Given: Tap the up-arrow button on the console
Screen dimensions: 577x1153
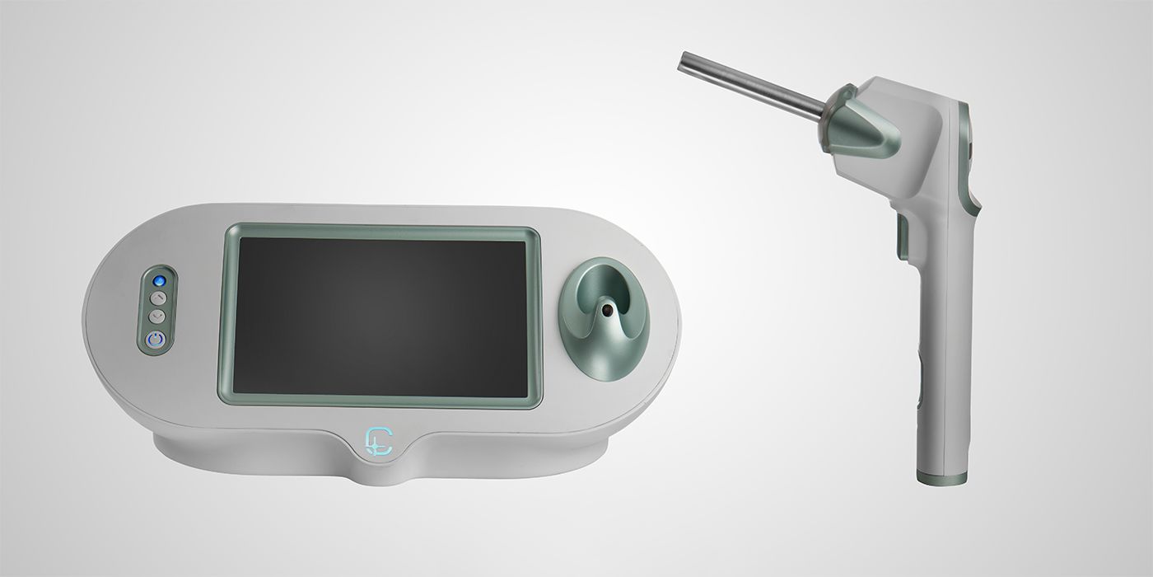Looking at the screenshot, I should pyautogui.click(x=157, y=298).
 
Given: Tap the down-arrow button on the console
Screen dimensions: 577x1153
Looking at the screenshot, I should pyautogui.click(x=157, y=316).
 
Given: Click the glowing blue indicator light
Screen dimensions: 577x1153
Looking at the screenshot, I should pyautogui.click(x=158, y=281).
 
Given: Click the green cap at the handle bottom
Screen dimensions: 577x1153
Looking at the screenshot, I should pyautogui.click(x=942, y=478).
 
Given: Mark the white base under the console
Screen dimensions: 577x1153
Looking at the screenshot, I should pyautogui.click(x=379, y=462).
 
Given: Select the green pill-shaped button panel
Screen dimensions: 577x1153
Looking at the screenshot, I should pyautogui.click(x=157, y=309).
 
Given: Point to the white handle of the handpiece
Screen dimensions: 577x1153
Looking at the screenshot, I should pyautogui.click(x=943, y=346).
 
